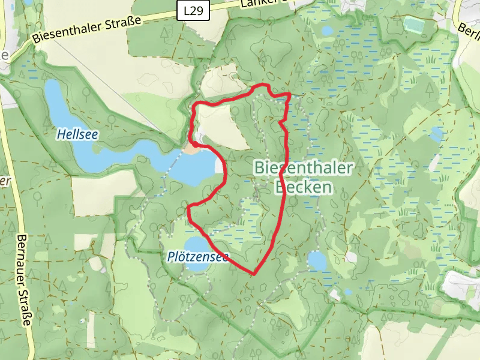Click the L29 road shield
[194, 10]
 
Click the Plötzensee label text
[198, 257]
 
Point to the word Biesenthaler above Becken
[304, 168]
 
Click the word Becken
[303, 187]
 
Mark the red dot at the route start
[196, 144]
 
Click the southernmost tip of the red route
[254, 274]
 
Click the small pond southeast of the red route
[317, 260]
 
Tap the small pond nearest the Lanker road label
[328, 31]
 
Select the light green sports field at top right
[414, 24]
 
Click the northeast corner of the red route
[290, 94]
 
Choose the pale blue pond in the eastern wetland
[437, 133]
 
